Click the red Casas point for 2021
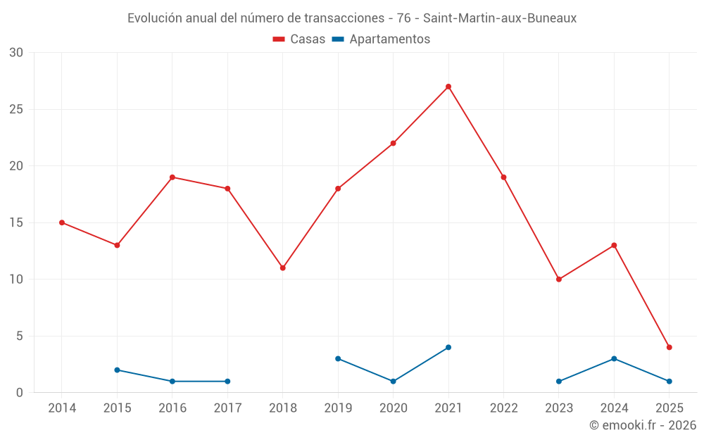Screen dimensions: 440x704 [x=448, y=87]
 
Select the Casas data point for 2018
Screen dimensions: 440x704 [x=282, y=268]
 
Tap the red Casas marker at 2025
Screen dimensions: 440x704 [x=670, y=347]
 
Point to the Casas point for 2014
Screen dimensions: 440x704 [x=62, y=222]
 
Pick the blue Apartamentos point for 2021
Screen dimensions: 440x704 [x=448, y=347]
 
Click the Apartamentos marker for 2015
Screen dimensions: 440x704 [x=117, y=370]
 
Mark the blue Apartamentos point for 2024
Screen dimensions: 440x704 [x=614, y=359]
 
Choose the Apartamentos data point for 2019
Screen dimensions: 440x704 [x=338, y=359]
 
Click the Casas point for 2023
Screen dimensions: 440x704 [x=559, y=279]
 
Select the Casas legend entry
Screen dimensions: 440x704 [x=299, y=39]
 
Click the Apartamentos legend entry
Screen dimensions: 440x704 [x=381, y=39]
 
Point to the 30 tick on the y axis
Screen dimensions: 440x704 [x=16, y=53]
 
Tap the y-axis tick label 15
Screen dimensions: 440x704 [x=16, y=222]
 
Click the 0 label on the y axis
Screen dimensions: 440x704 [x=20, y=393]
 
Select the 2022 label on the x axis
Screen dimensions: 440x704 [x=503, y=408]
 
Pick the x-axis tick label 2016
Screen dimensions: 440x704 [x=172, y=408]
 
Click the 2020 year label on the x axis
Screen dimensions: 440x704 [x=393, y=408]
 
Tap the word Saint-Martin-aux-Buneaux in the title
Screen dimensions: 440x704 [x=500, y=18]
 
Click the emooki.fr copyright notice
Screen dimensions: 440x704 [x=642, y=425]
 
